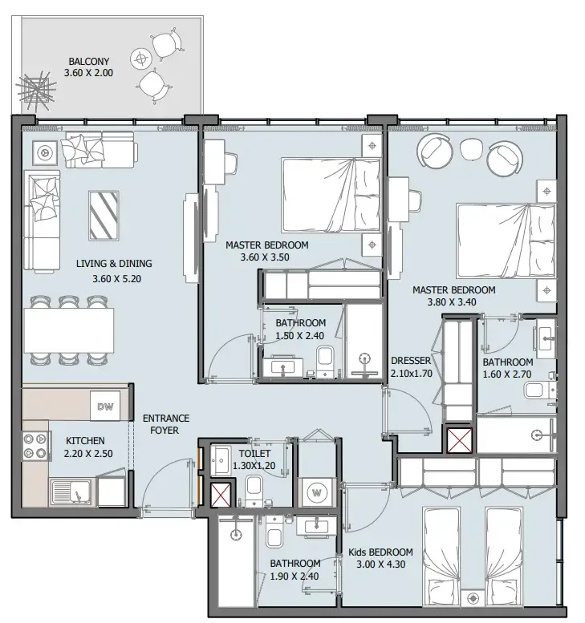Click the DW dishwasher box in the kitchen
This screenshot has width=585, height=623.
(105, 407)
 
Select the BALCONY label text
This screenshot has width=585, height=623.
(88, 61)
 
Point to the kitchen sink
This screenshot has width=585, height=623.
(73, 491)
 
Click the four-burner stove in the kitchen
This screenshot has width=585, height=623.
(37, 447)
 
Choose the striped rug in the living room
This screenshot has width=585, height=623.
(104, 214)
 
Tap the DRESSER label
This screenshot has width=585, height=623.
(412, 361)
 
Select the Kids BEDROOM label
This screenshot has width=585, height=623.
(380, 552)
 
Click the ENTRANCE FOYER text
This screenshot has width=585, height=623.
(165, 424)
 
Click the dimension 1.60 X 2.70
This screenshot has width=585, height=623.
(508, 374)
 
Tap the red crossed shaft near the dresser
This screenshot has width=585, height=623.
(459, 439)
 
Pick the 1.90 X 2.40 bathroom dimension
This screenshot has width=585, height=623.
(295, 576)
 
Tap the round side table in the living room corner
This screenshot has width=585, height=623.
(46, 151)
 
